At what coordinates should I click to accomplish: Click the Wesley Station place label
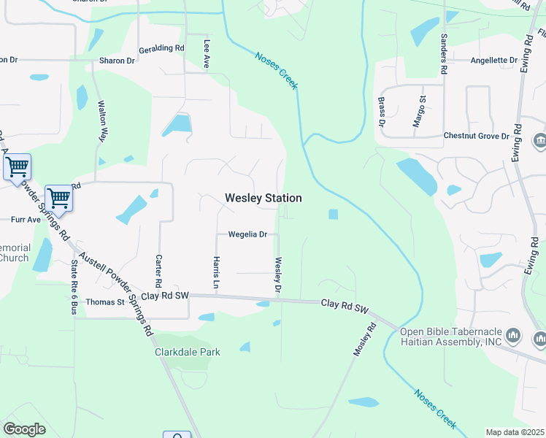[263, 198]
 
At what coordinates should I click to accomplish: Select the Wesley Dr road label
[278, 275]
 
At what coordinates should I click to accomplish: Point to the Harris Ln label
[216, 272]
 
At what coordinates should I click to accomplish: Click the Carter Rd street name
[158, 271]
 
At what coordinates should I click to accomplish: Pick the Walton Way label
[104, 123]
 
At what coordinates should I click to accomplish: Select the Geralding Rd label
[162, 48]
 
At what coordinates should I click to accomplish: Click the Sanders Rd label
[443, 53]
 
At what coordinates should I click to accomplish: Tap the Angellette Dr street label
[494, 60]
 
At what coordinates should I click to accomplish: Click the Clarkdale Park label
[188, 352]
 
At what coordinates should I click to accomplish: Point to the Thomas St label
[106, 301]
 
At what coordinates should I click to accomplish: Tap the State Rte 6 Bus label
[74, 287]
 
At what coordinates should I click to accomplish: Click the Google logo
[24, 429]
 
